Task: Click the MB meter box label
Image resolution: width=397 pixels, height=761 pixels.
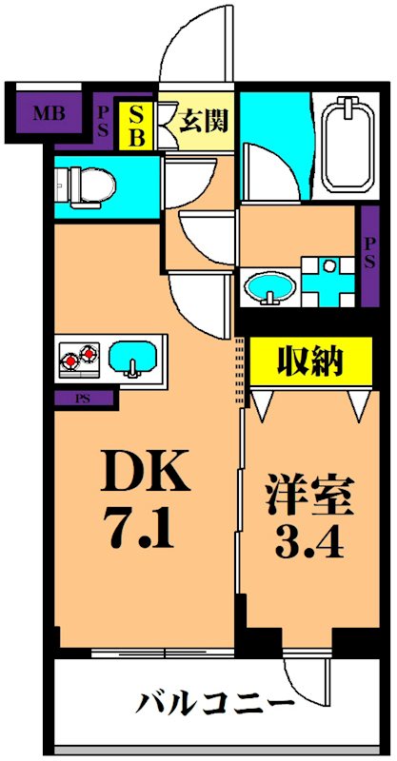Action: [45, 116]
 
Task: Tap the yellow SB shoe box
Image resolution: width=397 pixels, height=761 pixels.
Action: [136, 126]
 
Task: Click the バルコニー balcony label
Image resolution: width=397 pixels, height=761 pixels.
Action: [213, 705]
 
